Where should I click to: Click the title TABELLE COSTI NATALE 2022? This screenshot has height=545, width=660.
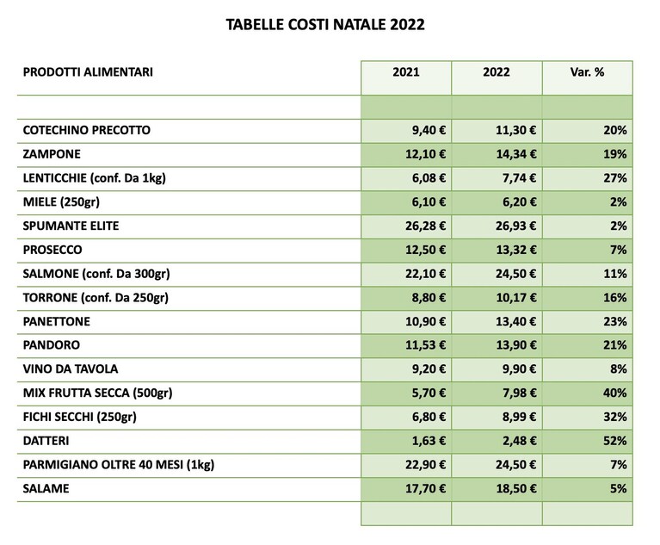(x=325, y=24)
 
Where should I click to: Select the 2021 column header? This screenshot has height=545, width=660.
(x=406, y=72)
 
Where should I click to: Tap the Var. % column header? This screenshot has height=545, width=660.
(x=587, y=72)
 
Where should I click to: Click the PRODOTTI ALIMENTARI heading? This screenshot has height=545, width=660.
(x=88, y=72)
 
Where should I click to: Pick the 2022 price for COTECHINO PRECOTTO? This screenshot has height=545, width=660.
(x=516, y=130)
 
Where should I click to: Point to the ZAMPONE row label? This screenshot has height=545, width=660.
(x=52, y=154)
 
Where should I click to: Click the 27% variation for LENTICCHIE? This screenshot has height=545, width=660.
(x=615, y=178)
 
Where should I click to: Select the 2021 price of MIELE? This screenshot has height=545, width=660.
(x=429, y=202)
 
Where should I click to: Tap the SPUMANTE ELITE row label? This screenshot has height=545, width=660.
(x=71, y=226)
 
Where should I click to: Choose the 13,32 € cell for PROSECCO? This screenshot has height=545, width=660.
(x=516, y=251)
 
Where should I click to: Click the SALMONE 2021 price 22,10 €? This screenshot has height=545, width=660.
(x=426, y=274)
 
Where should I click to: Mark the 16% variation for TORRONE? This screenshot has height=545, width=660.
(x=615, y=298)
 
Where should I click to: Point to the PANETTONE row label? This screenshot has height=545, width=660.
(x=57, y=322)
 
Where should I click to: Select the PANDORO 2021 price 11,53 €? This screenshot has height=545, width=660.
(x=426, y=345)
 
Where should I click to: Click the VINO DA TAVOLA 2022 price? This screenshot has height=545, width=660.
(x=520, y=369)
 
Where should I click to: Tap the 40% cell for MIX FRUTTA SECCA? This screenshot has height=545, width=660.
(x=615, y=393)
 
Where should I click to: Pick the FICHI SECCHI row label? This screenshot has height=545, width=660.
(x=79, y=417)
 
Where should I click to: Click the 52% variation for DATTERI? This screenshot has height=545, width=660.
(x=615, y=441)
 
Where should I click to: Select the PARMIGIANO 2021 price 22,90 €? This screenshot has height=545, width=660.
(x=426, y=465)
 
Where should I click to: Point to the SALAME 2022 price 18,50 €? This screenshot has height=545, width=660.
(x=516, y=489)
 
